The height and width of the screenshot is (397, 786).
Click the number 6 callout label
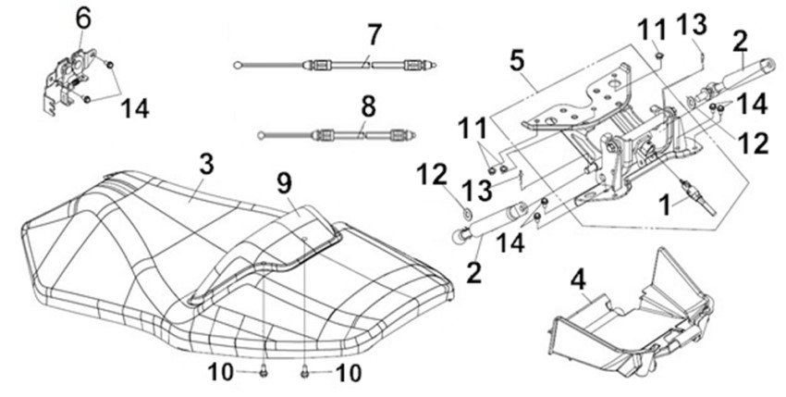pos(83,17)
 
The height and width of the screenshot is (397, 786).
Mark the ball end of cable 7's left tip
pos(238,64)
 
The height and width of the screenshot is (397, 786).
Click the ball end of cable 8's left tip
pos(264,135)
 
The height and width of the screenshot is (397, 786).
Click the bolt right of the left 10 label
pos(264,371)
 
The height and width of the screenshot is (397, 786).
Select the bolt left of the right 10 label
pos(304,371)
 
